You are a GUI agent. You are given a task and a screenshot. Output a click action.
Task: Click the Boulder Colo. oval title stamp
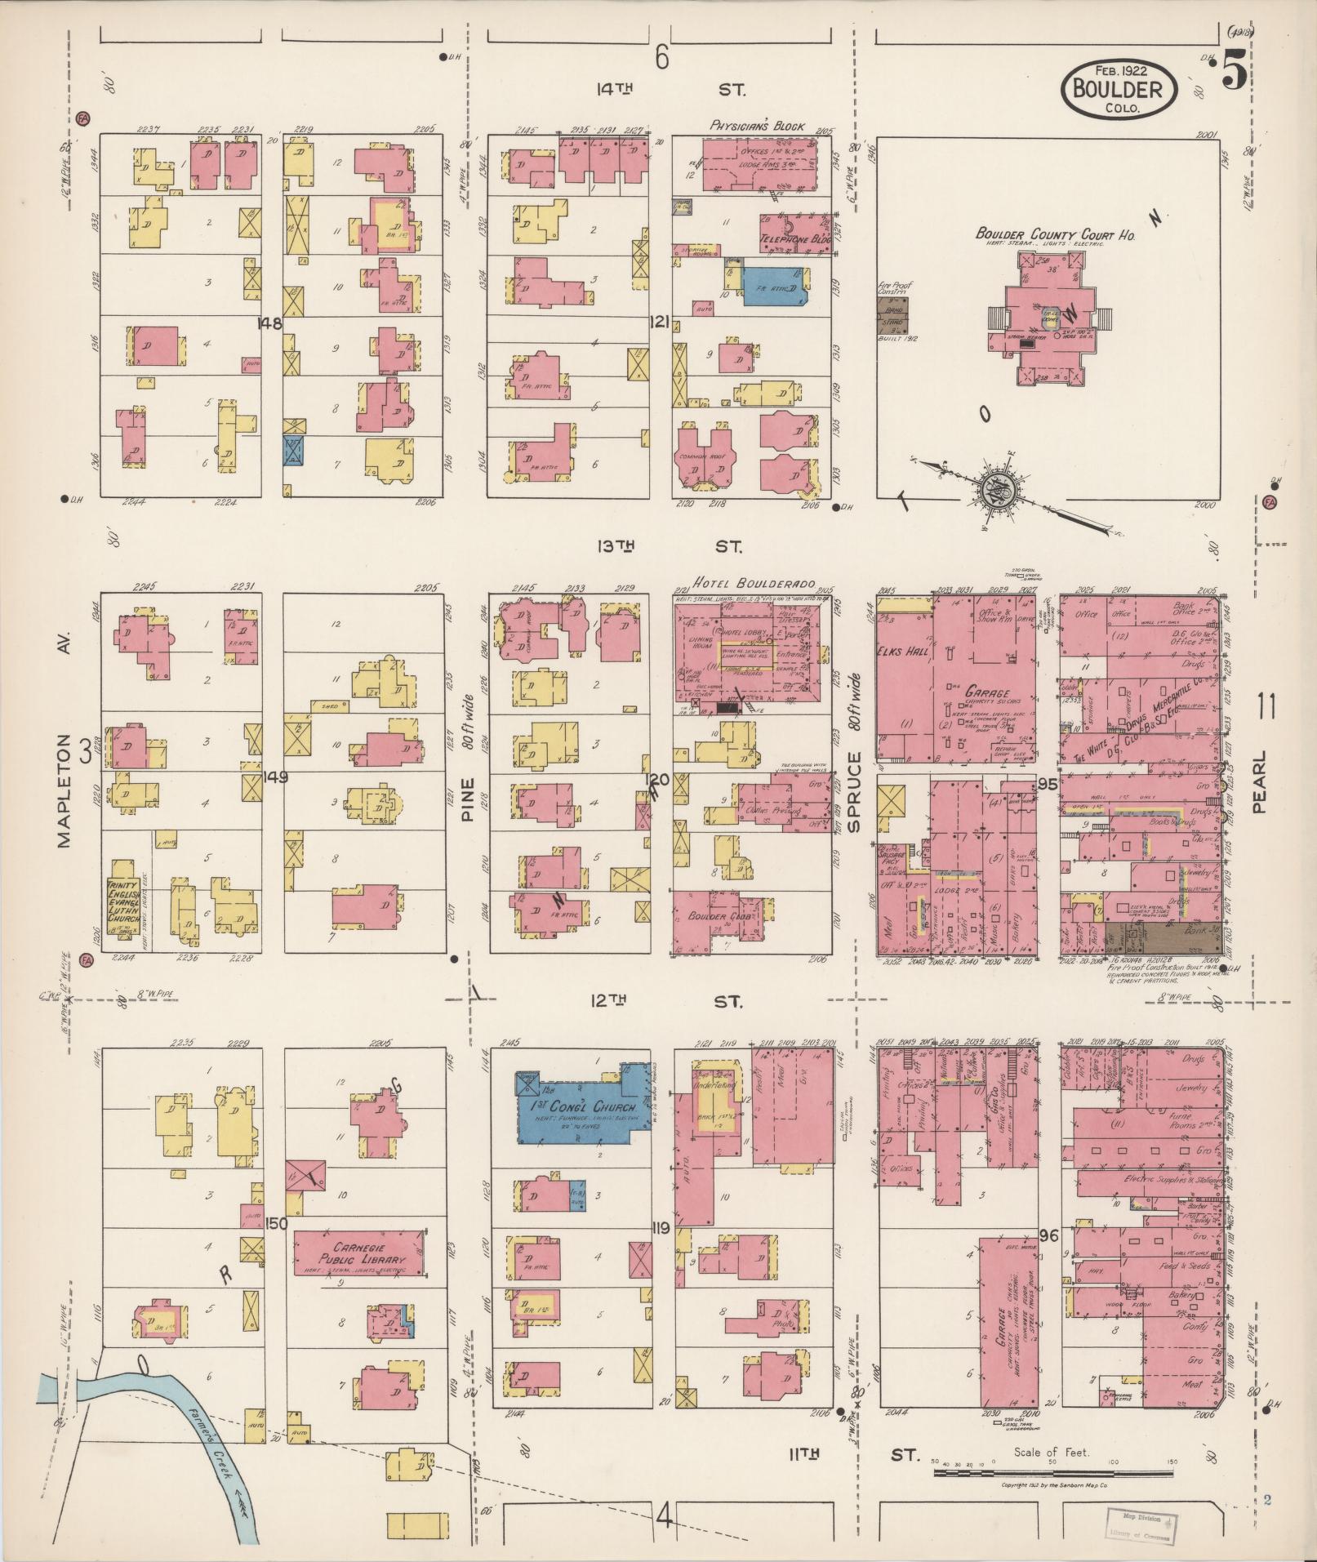(1118, 89)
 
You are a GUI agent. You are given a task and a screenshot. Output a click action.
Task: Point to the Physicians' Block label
(756, 127)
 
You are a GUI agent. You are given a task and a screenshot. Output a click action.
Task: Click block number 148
(269, 323)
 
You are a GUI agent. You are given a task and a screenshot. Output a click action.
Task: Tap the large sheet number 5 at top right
(1235, 72)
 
